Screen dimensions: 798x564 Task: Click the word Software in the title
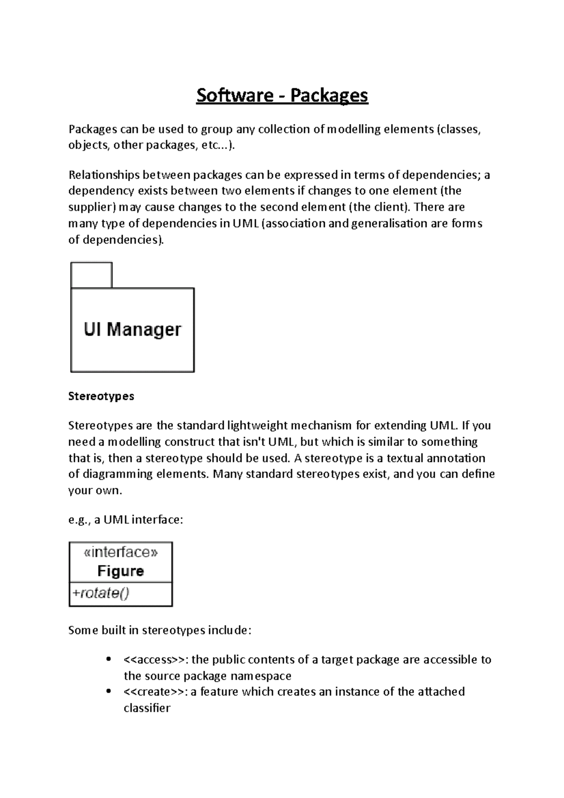click(x=235, y=95)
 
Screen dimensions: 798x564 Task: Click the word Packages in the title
click(x=329, y=95)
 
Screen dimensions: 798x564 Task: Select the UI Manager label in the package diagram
click(x=132, y=329)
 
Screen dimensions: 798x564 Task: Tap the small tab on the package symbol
click(x=91, y=275)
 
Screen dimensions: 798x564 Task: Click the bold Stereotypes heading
click(x=101, y=396)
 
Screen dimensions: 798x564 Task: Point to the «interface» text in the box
click(x=121, y=552)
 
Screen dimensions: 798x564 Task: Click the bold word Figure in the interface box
click(x=121, y=571)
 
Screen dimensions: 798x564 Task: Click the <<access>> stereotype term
click(x=154, y=660)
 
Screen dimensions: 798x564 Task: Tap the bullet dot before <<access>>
click(x=109, y=659)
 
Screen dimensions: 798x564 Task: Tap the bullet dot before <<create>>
click(x=109, y=691)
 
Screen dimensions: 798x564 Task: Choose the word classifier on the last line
click(x=147, y=708)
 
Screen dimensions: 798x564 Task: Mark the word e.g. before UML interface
click(x=79, y=520)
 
